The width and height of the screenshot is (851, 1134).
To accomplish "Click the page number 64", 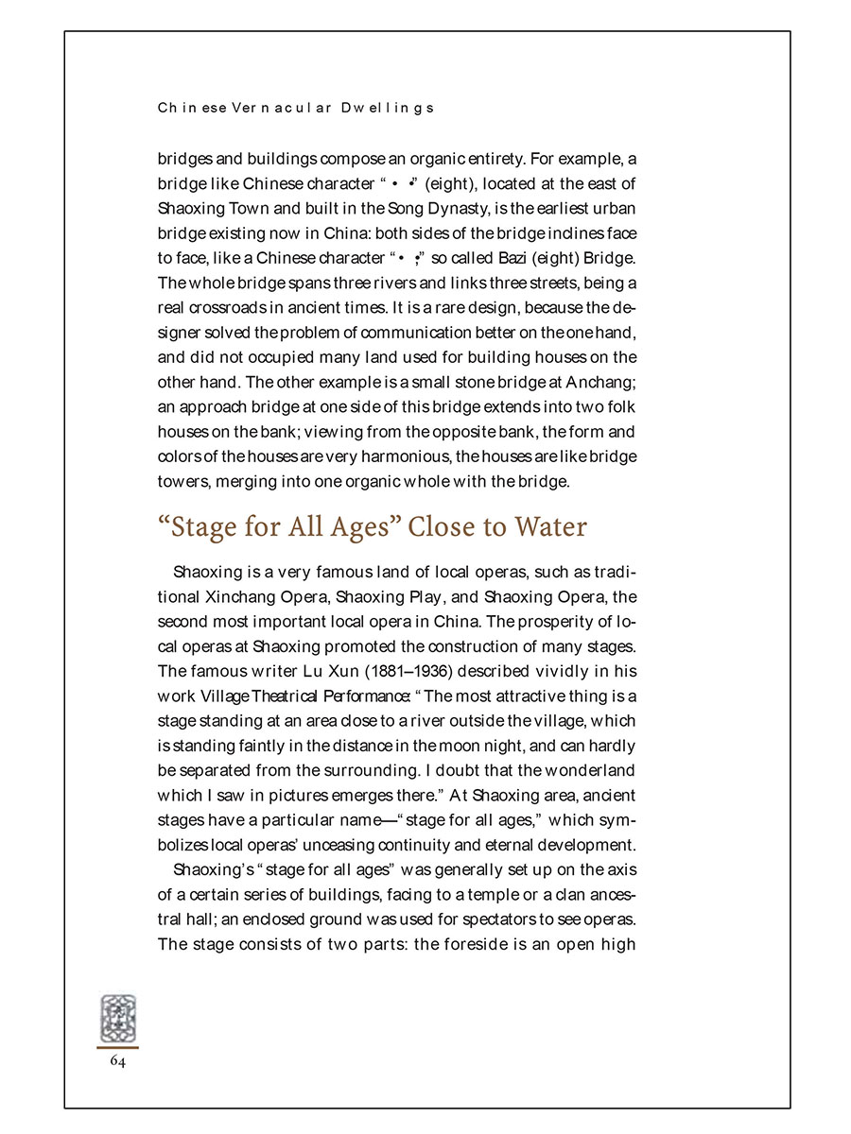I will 117,1061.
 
